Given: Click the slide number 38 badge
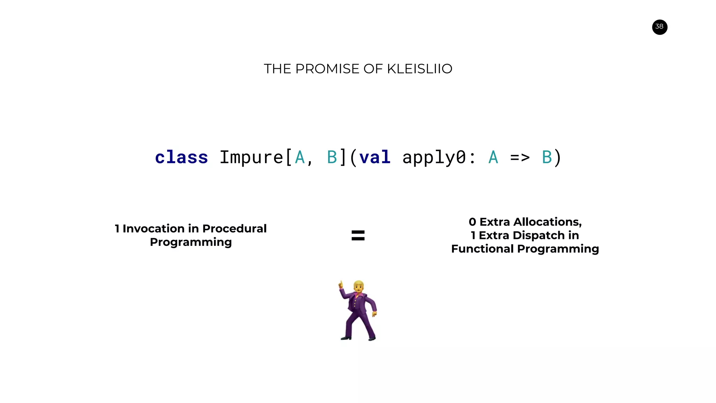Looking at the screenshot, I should point(659,27).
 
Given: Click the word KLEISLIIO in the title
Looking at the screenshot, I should point(419,69).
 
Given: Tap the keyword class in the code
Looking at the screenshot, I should point(181,157).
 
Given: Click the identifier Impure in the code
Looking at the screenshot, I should point(251,157).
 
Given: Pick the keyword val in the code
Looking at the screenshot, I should point(374,157).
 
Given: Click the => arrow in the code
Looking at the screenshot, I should point(520,157).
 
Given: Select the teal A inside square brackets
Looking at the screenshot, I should point(300,157).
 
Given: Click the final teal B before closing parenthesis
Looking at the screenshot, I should point(546,157).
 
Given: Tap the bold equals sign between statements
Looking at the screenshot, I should point(358,235).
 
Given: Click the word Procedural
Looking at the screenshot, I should point(234,228).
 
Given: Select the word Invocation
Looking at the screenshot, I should point(153,228).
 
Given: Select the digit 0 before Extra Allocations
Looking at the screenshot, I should point(472,222).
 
